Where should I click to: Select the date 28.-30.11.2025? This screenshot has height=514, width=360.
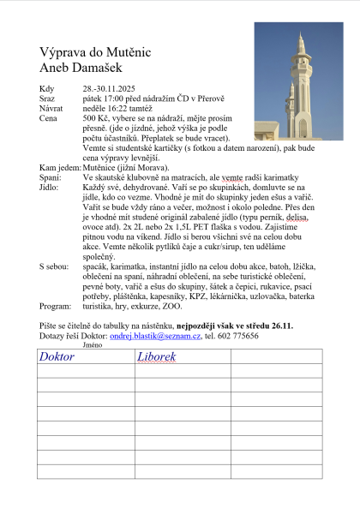click(x=110, y=89)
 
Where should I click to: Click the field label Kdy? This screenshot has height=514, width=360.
click(x=46, y=89)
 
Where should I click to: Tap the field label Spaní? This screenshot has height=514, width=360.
click(x=51, y=176)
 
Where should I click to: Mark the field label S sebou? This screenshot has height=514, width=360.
click(x=54, y=267)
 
